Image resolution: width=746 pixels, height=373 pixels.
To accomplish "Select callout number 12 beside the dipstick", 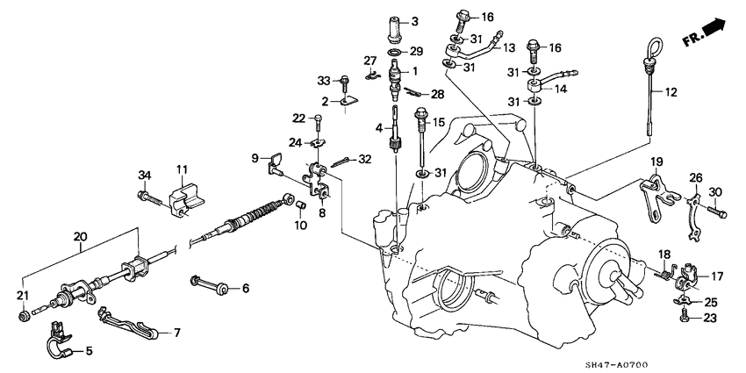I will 671,92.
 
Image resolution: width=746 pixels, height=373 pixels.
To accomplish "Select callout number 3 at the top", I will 415,20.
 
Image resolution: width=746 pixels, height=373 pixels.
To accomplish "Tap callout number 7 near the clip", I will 176,333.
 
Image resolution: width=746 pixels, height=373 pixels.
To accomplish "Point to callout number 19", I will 655,163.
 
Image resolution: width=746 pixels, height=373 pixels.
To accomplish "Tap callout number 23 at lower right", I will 710,319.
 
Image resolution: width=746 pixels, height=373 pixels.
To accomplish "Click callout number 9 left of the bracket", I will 255,158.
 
